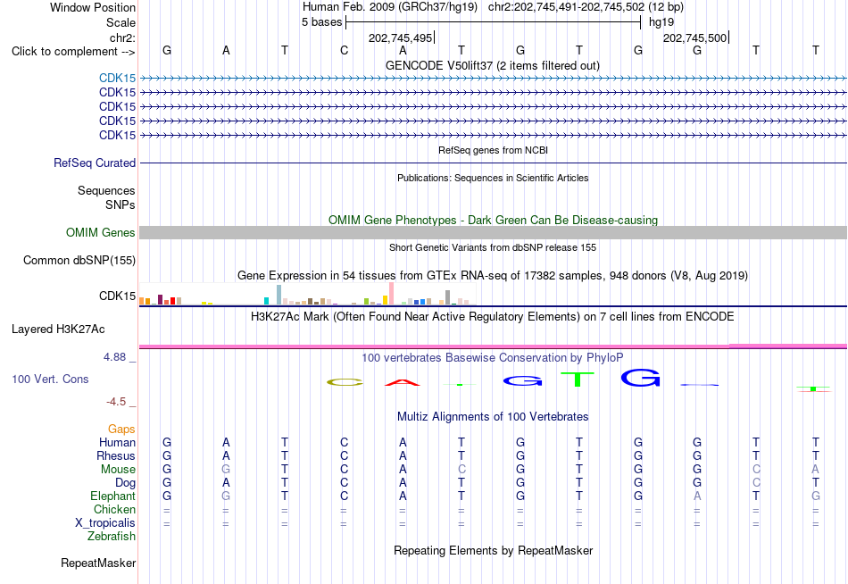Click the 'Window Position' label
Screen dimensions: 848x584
(93, 7)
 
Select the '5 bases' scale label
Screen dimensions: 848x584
(321, 22)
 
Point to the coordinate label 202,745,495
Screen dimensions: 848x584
(400, 38)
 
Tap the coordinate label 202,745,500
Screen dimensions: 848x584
(695, 38)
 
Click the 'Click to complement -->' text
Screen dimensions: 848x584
(73, 52)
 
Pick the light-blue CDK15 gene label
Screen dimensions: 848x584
(117, 79)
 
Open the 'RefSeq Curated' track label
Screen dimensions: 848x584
(95, 163)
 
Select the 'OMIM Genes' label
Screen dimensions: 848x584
(101, 233)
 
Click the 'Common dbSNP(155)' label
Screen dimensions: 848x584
(79, 261)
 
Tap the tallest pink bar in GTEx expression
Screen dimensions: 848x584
(392, 294)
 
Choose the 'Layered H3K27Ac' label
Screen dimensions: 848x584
(58, 330)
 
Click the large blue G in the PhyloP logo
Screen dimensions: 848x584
(641, 378)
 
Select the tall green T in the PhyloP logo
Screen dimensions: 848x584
(578, 379)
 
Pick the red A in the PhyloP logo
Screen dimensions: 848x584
(403, 383)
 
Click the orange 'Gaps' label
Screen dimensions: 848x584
(121, 430)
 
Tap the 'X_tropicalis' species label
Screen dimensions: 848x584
(105, 523)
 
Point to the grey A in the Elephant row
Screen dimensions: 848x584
(697, 496)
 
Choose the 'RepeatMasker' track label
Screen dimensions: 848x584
(98, 563)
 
